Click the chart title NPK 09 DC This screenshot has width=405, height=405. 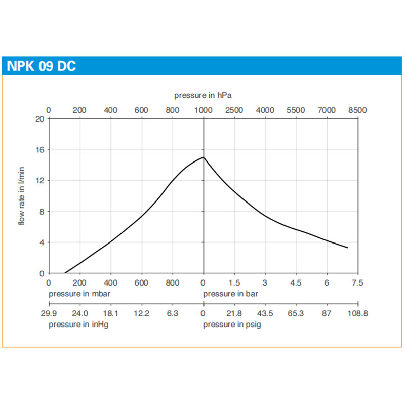click(x=42, y=66)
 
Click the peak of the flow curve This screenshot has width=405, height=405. click(x=204, y=157)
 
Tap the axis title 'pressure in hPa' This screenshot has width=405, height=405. click(x=203, y=95)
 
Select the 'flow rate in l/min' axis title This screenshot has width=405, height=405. click(x=22, y=196)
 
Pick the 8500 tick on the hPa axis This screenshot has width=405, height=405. click(x=358, y=110)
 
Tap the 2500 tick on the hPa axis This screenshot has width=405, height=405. click(x=234, y=110)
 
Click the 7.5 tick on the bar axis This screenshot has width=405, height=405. click(x=358, y=282)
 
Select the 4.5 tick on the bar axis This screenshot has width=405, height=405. click(x=296, y=282)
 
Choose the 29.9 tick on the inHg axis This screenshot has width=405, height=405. click(x=49, y=314)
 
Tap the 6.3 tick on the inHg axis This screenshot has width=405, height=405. click(x=173, y=314)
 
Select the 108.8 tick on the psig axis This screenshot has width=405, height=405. click(x=358, y=314)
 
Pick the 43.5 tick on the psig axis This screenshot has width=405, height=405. click(x=265, y=314)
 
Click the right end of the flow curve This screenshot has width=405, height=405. click(x=348, y=248)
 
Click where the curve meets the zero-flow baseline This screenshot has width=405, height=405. click(x=65, y=273)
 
